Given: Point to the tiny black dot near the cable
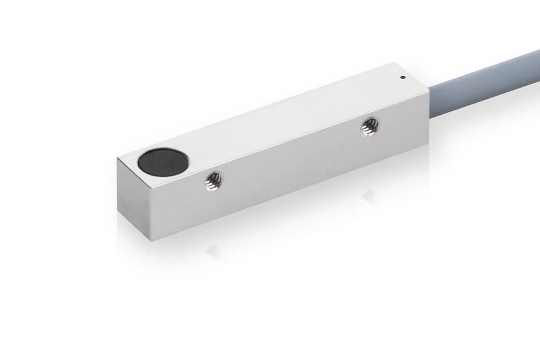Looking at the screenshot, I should pos(403,79).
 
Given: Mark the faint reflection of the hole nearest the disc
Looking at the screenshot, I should pos(213,251).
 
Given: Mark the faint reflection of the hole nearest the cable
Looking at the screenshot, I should pos(369,196).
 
